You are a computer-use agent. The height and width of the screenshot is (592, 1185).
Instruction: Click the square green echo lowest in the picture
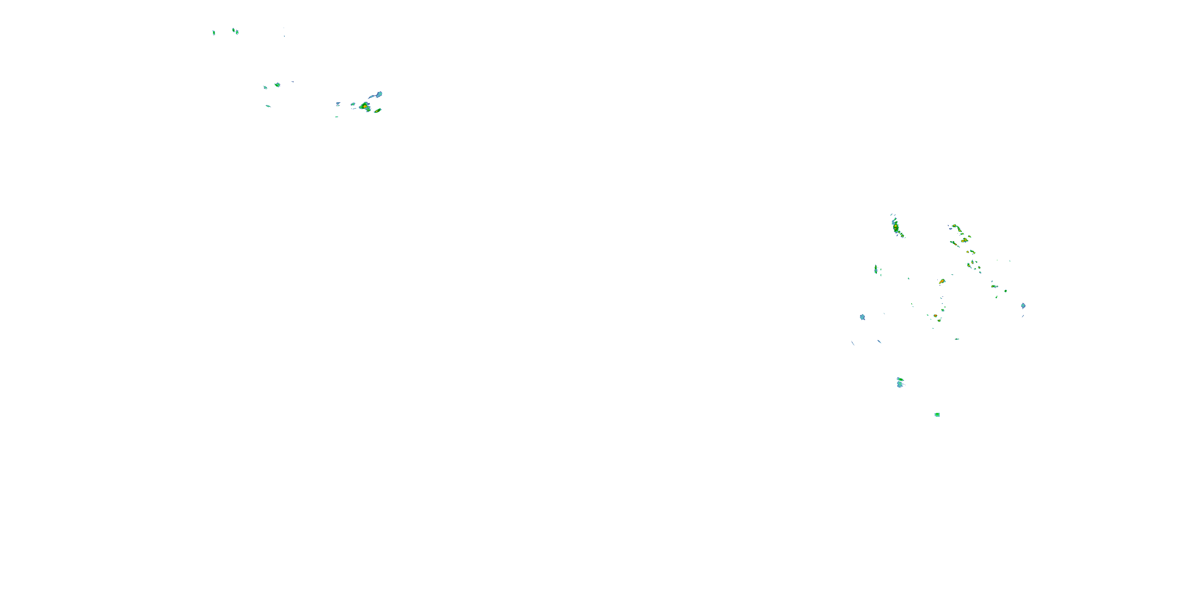point(937,414)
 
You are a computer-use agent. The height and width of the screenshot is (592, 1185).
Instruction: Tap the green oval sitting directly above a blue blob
point(900,379)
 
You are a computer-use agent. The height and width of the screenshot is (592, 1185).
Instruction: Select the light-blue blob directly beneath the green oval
point(899,384)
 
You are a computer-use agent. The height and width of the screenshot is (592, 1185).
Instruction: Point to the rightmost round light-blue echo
point(1023,305)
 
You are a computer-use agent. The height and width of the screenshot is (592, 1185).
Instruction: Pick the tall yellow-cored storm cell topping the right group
point(895,227)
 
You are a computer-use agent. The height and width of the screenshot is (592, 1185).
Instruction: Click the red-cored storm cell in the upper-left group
point(365,106)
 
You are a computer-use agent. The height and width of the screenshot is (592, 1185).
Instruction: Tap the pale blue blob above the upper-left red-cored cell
point(378,94)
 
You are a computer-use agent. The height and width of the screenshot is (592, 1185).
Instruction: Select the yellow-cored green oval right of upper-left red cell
point(378,111)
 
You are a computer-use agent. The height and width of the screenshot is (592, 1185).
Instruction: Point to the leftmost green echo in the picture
point(213,33)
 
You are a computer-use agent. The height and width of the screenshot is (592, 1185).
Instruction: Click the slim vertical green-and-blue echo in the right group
point(875,269)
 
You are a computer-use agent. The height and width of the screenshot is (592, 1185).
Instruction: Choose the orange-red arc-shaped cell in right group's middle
point(942,281)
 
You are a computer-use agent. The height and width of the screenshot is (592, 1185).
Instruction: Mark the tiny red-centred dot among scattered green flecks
point(935,316)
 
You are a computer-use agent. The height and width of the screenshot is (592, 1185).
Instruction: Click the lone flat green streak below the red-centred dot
point(957,339)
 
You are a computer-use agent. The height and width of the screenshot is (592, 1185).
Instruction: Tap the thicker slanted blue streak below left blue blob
point(879,341)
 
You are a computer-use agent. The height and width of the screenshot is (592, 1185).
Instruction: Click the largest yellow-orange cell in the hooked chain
point(964,240)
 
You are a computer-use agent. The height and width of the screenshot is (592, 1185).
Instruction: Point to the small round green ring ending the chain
point(1006,291)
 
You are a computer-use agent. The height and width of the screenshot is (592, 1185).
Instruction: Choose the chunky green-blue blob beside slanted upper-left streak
point(277,84)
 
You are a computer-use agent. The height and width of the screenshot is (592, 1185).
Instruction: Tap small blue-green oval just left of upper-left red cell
point(353,104)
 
